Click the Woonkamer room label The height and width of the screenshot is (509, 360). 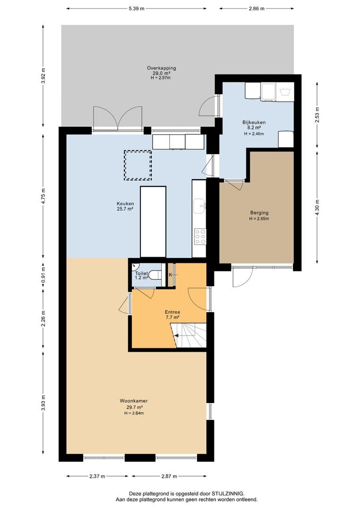point(134,401)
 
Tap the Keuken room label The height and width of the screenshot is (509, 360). point(125,204)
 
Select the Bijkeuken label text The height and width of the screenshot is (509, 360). point(254,123)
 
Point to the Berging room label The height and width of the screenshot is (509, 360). point(259,213)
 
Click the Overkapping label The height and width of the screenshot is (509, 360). point(161,68)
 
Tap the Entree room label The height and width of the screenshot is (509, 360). point(172,312)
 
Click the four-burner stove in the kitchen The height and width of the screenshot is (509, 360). point(200,237)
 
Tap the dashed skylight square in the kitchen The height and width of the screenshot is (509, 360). point(138,165)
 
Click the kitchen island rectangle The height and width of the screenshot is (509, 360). point(153,222)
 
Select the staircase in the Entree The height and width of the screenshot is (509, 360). point(189,336)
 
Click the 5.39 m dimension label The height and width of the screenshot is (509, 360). point(136,8)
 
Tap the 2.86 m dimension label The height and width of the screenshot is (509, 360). point(256,8)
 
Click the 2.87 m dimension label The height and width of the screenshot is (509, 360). point(169,476)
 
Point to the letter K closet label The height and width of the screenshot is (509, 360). point(171,275)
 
